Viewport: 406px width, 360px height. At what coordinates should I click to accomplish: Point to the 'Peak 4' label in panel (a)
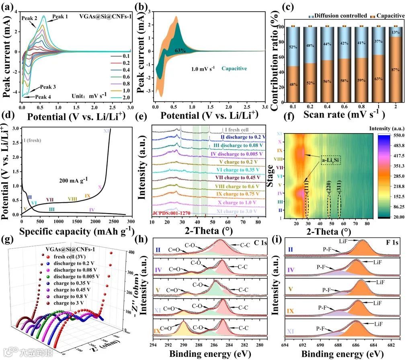(x=43, y=97)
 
